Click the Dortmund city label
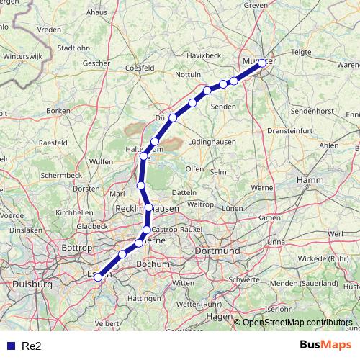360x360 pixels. pyautogui.click(x=217, y=251)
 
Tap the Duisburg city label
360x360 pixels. pyautogui.click(x=32, y=284)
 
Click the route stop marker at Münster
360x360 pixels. pyautogui.click(x=262, y=63)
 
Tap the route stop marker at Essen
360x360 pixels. pyautogui.click(x=98, y=276)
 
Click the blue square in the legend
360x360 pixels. pyautogui.click(x=10, y=346)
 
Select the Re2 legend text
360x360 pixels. pyautogui.click(x=32, y=346)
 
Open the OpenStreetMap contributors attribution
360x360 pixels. pyautogui.click(x=297, y=322)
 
